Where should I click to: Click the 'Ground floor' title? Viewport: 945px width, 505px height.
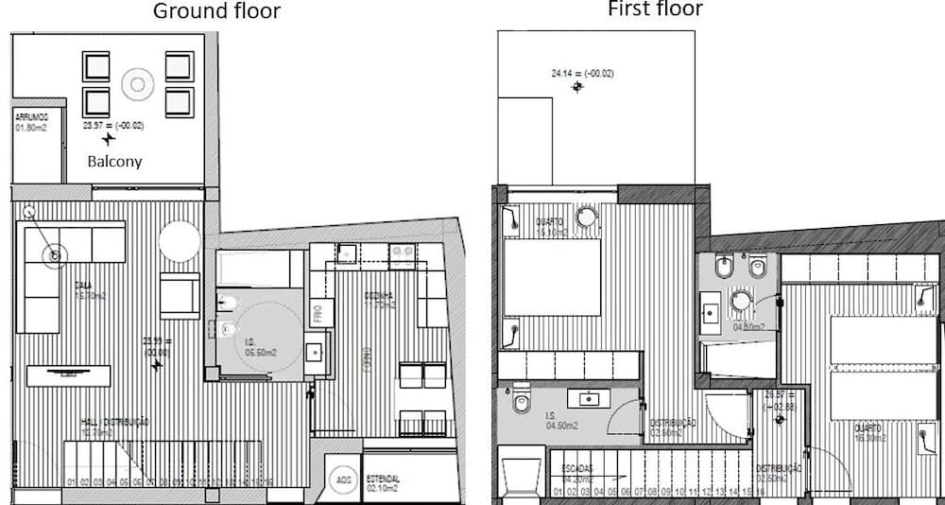pyautogui.click(x=216, y=11)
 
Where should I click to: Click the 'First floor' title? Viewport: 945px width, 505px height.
pyautogui.click(x=655, y=9)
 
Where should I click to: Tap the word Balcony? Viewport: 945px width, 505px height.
pyautogui.click(x=114, y=162)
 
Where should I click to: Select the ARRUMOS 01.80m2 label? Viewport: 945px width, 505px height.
pyautogui.click(x=35, y=122)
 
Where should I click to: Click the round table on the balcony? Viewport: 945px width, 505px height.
pyautogui.click(x=138, y=85)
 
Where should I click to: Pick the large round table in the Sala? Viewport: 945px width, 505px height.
pyautogui.click(x=179, y=241)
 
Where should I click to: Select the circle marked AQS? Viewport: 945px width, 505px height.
pyautogui.click(x=343, y=480)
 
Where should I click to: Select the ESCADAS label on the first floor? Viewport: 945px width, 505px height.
pyautogui.click(x=578, y=472)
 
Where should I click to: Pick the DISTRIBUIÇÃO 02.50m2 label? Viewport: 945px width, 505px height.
pyautogui.click(x=779, y=473)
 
